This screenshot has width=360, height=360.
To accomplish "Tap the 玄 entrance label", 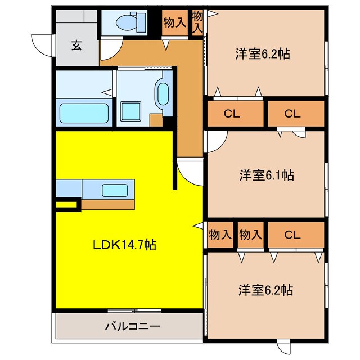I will click(76, 46).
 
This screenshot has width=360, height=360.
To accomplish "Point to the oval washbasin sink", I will click(163, 95).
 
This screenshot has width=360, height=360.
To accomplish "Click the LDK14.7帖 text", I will click(124, 245).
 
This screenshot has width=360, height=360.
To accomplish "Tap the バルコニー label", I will click(133, 327).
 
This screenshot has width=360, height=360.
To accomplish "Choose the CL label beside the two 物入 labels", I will click(291, 234).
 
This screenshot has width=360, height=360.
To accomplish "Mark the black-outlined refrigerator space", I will click(68, 204).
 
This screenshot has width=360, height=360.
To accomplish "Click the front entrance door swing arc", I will click(42, 44).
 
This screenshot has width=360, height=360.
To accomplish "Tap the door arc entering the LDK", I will click(190, 171).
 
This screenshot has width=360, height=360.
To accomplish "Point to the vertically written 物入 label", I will click(197, 22).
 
